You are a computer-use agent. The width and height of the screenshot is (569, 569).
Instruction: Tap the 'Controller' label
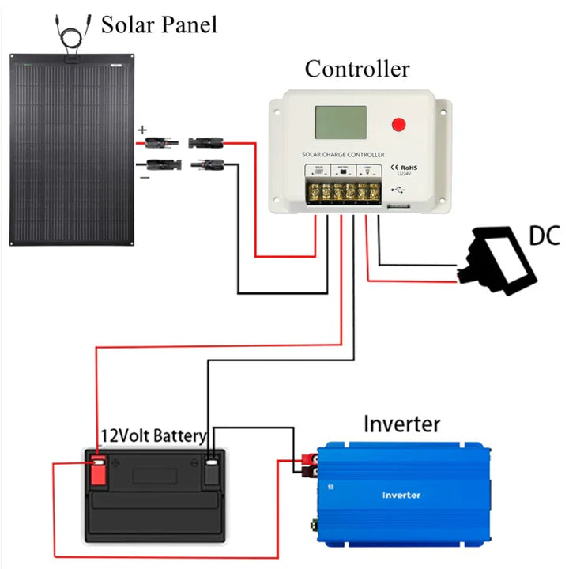click(x=357, y=69)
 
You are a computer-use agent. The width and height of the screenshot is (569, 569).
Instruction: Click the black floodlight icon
click(x=498, y=258)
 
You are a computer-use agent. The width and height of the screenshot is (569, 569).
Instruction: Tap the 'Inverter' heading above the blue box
click(x=401, y=424)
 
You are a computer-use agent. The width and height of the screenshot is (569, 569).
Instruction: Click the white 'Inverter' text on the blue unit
click(x=401, y=495)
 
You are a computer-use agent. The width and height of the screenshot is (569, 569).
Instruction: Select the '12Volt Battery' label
click(x=153, y=435)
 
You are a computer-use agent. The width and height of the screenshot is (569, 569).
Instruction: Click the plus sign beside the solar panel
click(x=142, y=130)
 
